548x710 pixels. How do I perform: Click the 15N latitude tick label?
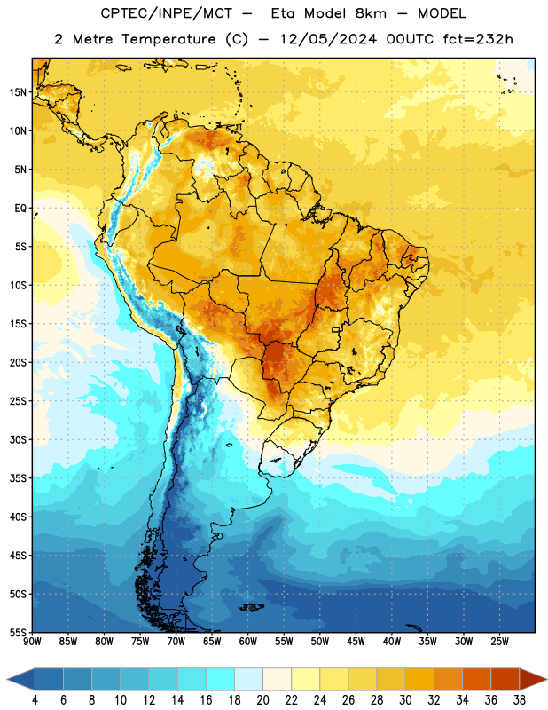[x=18, y=92]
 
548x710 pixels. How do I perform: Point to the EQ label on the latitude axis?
[x=20, y=209]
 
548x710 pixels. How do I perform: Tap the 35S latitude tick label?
[x=18, y=478]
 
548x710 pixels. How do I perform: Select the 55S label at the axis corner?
[x=18, y=632]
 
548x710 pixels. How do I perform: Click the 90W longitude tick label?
[x=32, y=642]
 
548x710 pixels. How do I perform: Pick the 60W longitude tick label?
[x=248, y=642]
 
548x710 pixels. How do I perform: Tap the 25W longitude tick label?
[x=499, y=642]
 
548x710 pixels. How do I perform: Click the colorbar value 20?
[x=262, y=700]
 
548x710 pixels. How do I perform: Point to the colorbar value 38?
[x=520, y=700]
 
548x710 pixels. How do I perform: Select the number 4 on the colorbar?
[x=35, y=700]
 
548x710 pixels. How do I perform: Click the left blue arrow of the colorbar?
[x=21, y=679]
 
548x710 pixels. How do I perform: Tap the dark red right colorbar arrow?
[x=533, y=679]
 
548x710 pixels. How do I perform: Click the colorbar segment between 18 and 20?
[x=249, y=679]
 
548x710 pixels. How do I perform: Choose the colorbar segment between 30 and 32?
[x=420, y=679]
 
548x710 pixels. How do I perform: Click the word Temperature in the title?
[x=168, y=39]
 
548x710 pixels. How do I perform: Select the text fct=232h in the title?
[x=478, y=39]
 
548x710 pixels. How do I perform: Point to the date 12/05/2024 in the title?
[x=328, y=39]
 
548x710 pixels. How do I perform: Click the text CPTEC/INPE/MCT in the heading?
[x=166, y=13]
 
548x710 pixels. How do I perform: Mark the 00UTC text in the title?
[x=410, y=39]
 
